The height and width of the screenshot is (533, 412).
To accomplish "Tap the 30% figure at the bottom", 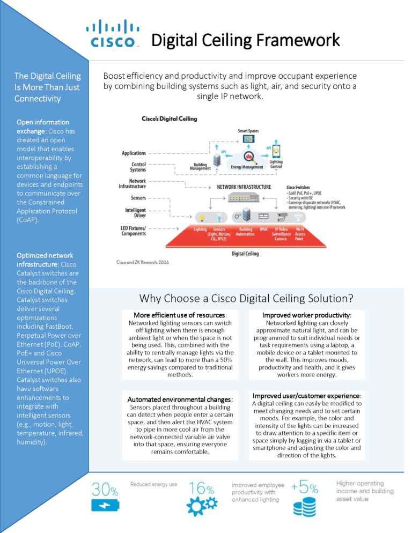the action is (x=105, y=490).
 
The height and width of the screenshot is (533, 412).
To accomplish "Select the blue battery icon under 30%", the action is (x=105, y=505).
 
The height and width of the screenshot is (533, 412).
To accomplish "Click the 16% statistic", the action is (x=201, y=488).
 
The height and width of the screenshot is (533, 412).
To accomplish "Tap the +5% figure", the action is (x=305, y=487).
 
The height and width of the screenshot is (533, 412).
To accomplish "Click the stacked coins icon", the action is (x=305, y=507).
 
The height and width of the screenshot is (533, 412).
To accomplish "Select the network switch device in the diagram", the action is (x=244, y=197).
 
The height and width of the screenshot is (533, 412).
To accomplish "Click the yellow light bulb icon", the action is (x=202, y=218).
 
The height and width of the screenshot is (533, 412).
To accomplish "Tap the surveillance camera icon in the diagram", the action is (x=282, y=217).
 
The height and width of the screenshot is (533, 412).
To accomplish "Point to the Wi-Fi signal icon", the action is (x=298, y=217).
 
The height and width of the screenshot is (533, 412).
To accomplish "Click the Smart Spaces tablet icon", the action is (x=249, y=139).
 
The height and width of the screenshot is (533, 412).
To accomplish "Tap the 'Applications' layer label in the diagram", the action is (x=134, y=153).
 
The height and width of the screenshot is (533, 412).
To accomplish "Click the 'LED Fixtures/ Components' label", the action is (x=134, y=231).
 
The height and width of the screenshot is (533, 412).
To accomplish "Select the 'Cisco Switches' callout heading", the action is (x=298, y=187).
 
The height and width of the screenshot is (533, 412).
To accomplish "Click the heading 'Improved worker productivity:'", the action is (x=307, y=315).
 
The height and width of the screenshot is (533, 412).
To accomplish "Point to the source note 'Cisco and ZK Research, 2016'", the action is (x=143, y=262).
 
